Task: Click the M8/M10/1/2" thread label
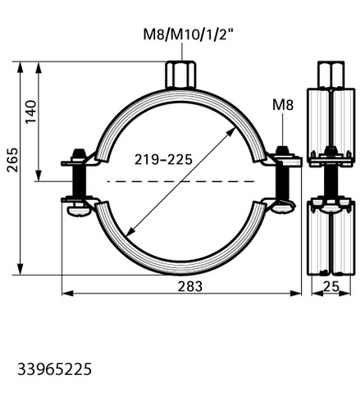click(x=189, y=34)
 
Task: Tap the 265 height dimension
click(x=12, y=160)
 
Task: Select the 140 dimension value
click(x=31, y=112)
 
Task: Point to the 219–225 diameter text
click(x=163, y=159)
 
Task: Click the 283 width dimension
click(x=190, y=286)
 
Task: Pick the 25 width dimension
click(x=331, y=287)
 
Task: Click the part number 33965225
click(x=55, y=369)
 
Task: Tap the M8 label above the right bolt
click(x=283, y=105)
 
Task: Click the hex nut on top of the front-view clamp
click(x=180, y=75)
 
